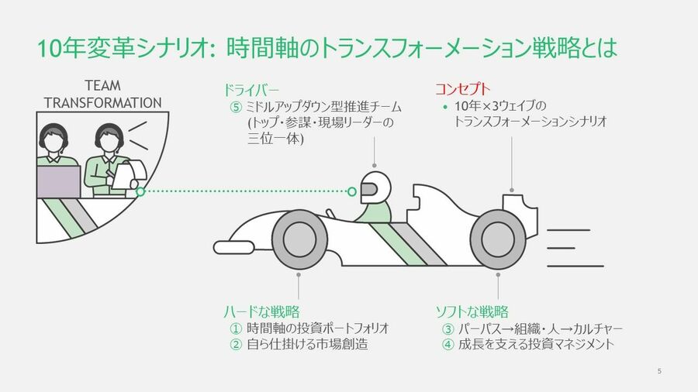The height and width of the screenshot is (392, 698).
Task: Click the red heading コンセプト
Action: [x=462, y=89]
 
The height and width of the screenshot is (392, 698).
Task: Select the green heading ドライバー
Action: [x=251, y=90]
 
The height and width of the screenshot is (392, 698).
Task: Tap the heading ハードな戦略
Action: [x=262, y=311]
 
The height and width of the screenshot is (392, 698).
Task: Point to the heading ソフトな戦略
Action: [x=472, y=311]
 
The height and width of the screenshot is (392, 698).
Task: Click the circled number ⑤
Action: [x=236, y=107]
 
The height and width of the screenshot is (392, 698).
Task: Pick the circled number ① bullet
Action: [x=236, y=328]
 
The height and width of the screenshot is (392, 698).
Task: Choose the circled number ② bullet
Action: [x=236, y=345]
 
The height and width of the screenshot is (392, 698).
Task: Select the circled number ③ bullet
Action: [x=447, y=329]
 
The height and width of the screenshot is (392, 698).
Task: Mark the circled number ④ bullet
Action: [x=447, y=345]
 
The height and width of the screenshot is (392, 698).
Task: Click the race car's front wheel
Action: [x=299, y=240]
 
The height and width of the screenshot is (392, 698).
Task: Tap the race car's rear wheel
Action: [x=498, y=240]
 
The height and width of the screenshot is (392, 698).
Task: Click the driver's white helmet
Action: [x=375, y=187]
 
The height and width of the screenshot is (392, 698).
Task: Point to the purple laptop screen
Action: [x=58, y=182]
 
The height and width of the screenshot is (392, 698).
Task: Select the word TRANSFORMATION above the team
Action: [x=103, y=103]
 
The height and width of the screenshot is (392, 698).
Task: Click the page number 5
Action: [x=659, y=371]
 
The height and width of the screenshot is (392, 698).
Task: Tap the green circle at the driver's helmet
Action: [x=351, y=191]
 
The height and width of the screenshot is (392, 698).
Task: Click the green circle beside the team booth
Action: [x=140, y=191]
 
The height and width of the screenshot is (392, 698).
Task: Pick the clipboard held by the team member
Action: [x=129, y=174]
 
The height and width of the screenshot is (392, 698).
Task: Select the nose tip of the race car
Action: [x=215, y=248]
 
